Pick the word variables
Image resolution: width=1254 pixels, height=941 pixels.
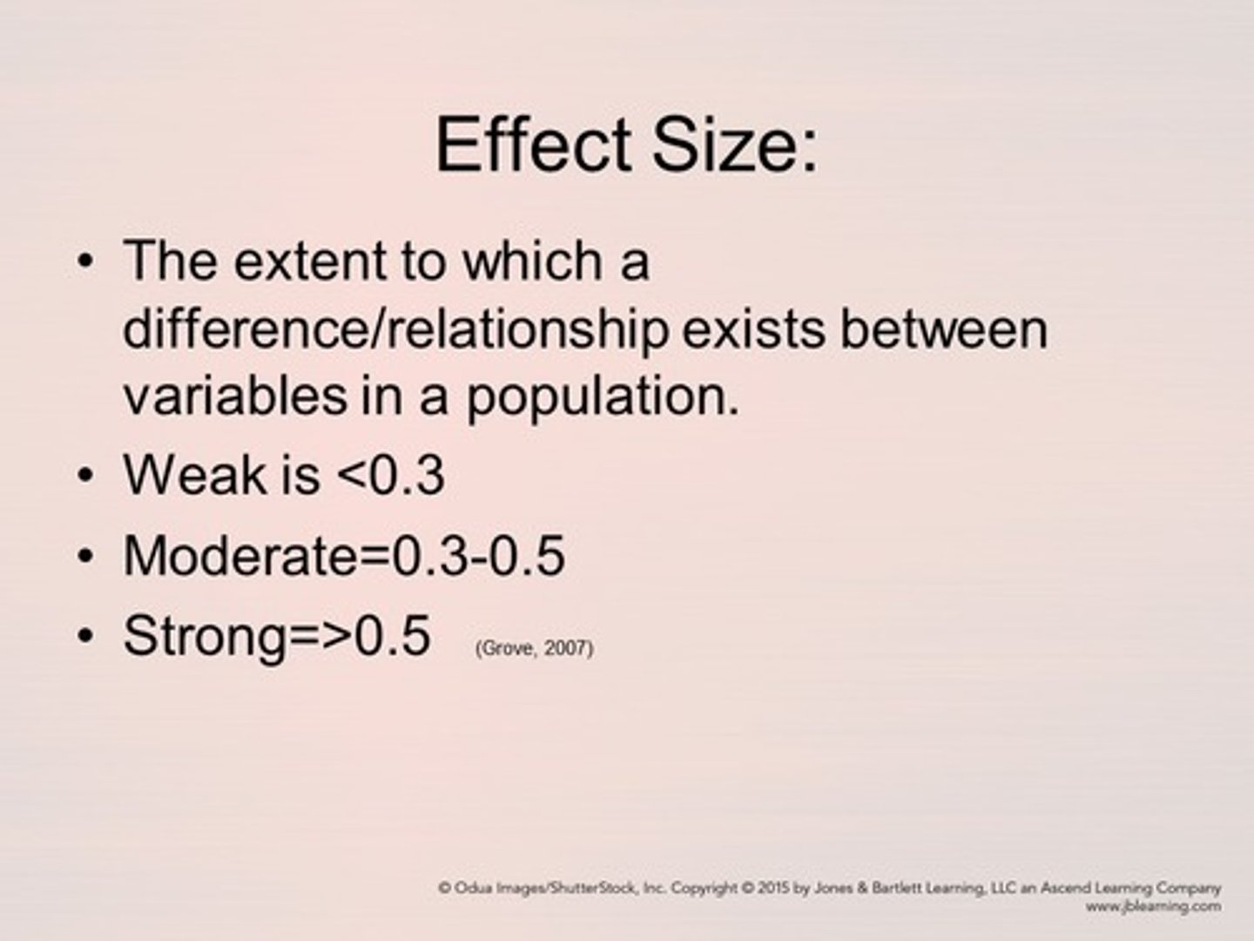coord(234,396)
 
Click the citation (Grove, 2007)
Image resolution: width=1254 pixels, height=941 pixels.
coord(535,648)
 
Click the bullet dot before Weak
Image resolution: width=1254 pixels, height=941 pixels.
coord(84,476)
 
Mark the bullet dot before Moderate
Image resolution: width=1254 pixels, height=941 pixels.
coord(84,556)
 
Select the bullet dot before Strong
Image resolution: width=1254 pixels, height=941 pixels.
coord(84,636)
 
